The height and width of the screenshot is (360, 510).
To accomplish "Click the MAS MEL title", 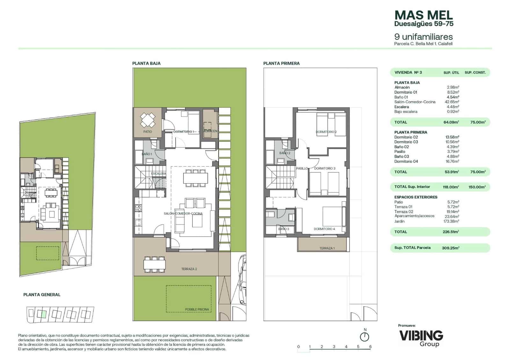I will (423, 15).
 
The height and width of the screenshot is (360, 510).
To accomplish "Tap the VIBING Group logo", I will (421, 338).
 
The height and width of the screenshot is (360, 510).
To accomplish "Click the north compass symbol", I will (365, 336).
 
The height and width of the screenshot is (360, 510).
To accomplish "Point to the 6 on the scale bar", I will (370, 347).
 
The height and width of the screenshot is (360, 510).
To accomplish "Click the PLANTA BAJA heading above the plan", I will (146, 63).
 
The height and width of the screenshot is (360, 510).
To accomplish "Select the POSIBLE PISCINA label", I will (197, 309).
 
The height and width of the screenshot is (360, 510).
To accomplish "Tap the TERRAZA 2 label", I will (189, 269).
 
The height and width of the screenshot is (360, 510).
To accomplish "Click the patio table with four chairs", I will (148, 120).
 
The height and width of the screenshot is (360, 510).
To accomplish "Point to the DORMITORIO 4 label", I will (324, 229).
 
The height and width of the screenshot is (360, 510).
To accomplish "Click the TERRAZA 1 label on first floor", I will (327, 248).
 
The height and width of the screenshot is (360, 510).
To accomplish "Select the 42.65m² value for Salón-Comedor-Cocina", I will (452, 102).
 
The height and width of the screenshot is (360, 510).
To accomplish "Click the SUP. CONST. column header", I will (475, 73).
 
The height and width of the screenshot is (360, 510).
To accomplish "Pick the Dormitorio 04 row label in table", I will (406, 161).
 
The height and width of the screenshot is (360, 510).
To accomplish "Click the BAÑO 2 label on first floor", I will (285, 153).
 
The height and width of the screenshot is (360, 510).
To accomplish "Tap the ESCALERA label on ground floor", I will (158, 174).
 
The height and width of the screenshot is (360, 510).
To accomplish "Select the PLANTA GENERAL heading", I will (42, 295).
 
